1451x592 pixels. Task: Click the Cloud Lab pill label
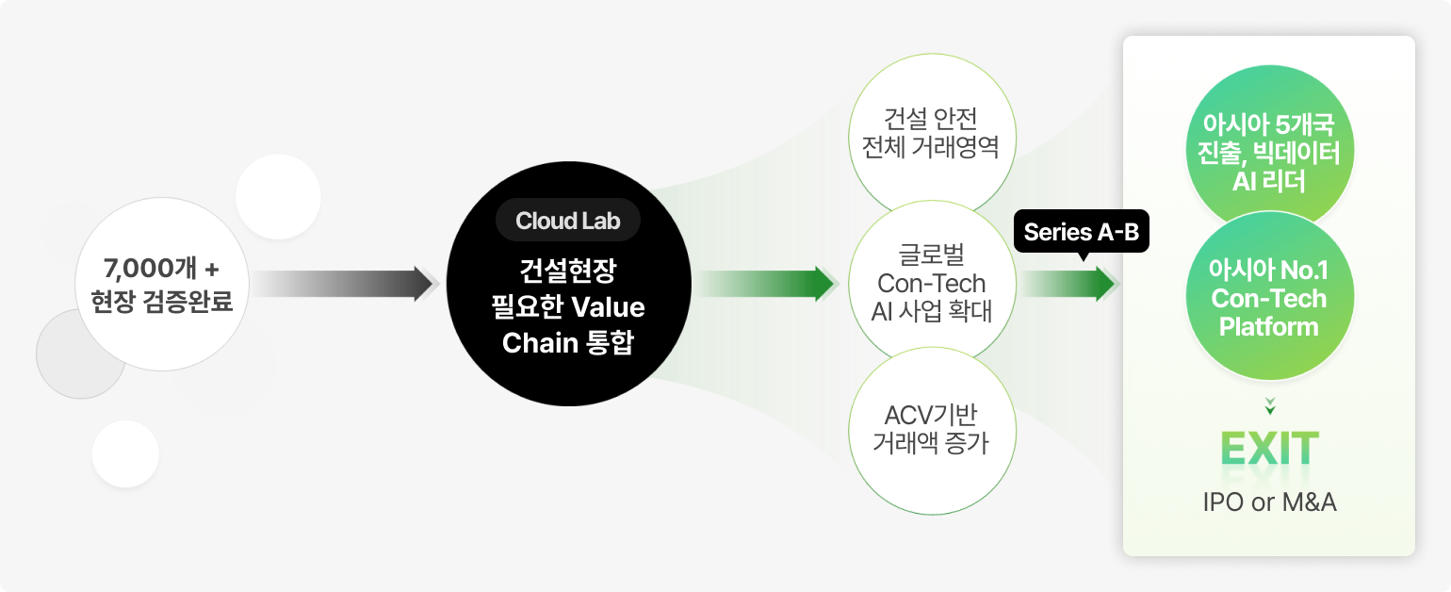pos(568,222)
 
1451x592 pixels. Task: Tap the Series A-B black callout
pos(1082,232)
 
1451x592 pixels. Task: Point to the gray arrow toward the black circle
pos(344,284)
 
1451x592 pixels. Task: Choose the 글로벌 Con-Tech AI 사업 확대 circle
pos(931,283)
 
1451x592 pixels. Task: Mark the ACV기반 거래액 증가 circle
pos(931,430)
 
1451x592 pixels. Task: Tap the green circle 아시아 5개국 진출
pos(1268,153)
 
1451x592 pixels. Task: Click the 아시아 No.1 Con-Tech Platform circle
pos(1268,299)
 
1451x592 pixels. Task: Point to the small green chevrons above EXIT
pos(1270,406)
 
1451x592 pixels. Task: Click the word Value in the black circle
pos(608,308)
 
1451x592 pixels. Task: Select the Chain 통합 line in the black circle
pos(568,342)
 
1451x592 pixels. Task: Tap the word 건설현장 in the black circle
pos(568,272)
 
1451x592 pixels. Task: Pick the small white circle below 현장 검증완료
pos(125,453)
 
